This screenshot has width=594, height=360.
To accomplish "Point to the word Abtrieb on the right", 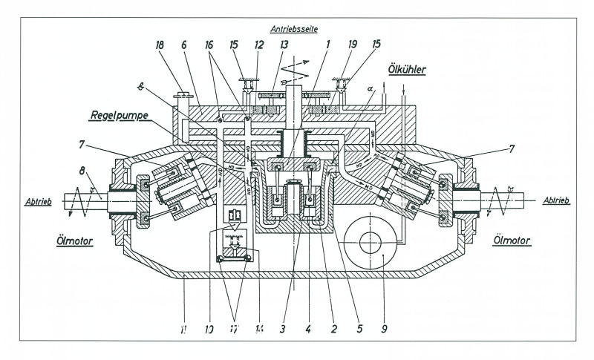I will pyautogui.click(x=557, y=200).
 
